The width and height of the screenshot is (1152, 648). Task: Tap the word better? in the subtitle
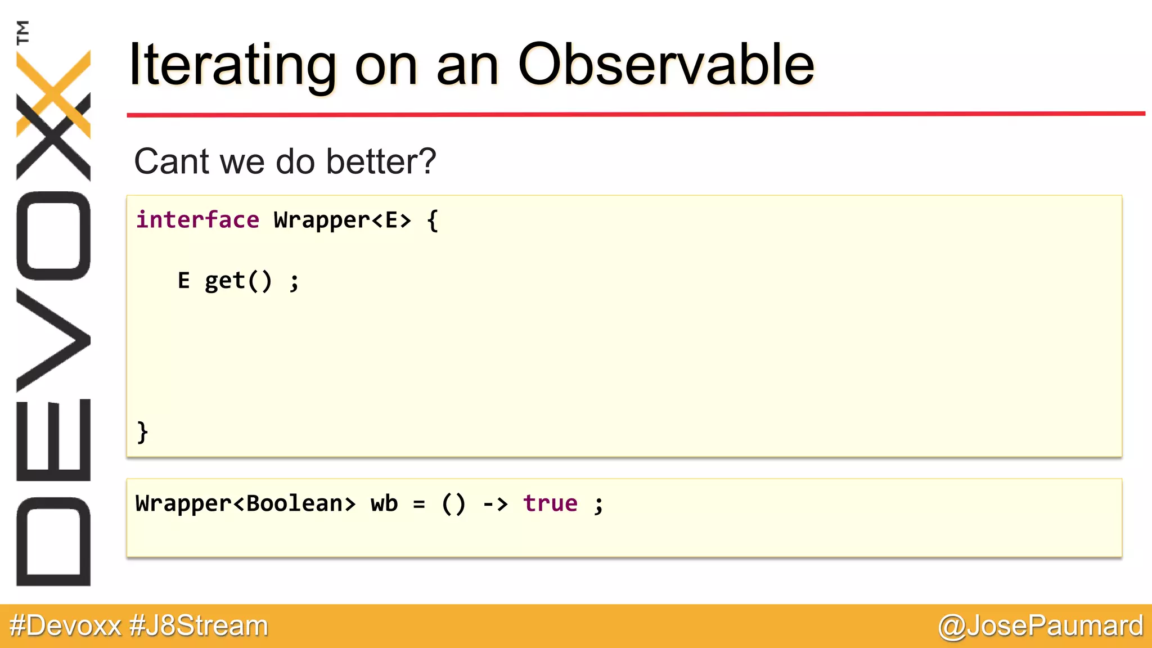click(381, 162)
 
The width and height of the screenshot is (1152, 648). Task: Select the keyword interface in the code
click(197, 220)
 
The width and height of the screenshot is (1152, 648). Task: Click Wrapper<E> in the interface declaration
click(342, 220)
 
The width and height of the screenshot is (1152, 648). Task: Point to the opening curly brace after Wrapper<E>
click(432, 220)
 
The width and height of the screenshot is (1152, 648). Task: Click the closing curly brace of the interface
click(142, 432)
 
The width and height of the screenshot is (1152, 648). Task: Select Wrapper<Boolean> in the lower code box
click(246, 503)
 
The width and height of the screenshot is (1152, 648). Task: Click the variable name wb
click(384, 503)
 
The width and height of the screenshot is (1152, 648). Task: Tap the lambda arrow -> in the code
click(495, 503)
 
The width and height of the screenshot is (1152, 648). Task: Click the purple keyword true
click(550, 503)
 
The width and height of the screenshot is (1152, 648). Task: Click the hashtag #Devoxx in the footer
click(65, 626)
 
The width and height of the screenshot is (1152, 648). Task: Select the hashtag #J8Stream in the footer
click(199, 626)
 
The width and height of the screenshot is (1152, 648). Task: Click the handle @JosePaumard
click(1041, 626)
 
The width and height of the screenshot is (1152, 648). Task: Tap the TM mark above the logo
click(22, 32)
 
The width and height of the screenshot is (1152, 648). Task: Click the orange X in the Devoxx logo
click(53, 93)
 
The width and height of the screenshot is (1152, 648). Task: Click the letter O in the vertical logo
click(53, 236)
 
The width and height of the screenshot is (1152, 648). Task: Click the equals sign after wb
click(419, 504)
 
